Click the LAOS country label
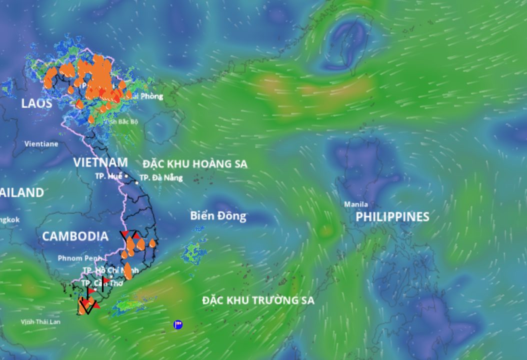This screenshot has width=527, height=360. pyautogui.click(x=36, y=103)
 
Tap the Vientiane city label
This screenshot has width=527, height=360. pyautogui.click(x=41, y=144)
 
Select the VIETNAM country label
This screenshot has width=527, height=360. pyautogui.click(x=100, y=162)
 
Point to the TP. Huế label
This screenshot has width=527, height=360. pyautogui.click(x=108, y=176)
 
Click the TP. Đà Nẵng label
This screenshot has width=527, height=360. pyautogui.click(x=160, y=177)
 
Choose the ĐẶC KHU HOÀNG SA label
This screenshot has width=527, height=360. pyautogui.click(x=194, y=164)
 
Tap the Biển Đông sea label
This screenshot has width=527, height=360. pyautogui.click(x=218, y=216)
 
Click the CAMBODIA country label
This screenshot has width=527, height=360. pyautogui.click(x=75, y=236)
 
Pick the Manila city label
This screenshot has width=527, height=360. pyautogui.click(x=356, y=204)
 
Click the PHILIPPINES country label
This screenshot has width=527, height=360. pyautogui.click(x=392, y=217)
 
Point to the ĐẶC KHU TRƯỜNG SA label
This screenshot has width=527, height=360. pyautogui.click(x=258, y=300)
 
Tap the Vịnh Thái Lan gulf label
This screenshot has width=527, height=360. pyautogui.click(x=40, y=321)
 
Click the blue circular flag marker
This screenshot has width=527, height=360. pyautogui.click(x=178, y=324)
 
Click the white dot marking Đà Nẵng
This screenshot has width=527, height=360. pyautogui.click(x=136, y=182)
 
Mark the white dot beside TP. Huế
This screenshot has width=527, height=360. pyautogui.click(x=126, y=176)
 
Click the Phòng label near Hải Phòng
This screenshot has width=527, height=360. pyautogui.click(x=151, y=96)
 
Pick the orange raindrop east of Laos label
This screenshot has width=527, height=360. pyautogui.click(x=79, y=104)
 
